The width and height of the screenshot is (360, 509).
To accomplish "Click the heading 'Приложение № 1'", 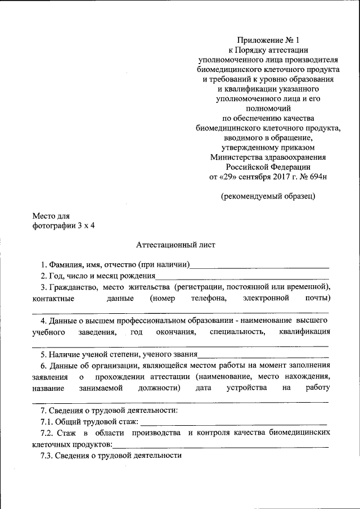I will pos(269,39).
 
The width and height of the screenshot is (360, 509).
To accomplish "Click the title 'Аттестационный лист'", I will pos(175,245).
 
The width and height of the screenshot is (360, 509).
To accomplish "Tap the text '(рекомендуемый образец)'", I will pos(268,196).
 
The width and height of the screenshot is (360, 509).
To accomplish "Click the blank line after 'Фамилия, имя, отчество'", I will pos(260,265).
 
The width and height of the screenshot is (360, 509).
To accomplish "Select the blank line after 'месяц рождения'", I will pos(242,277).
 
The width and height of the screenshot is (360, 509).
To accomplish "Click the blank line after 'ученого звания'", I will pos(263,355).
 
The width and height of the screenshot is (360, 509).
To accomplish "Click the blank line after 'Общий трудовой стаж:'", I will pos(233,422).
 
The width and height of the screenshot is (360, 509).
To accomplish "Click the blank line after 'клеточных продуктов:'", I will pos(220,445).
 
